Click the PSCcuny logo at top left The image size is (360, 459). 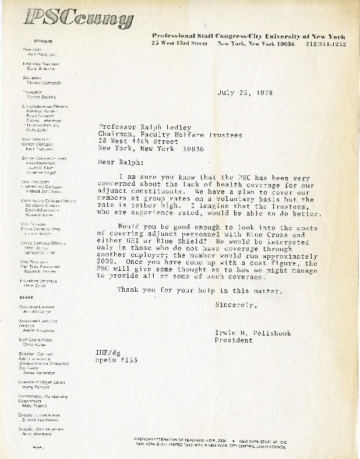[79, 20]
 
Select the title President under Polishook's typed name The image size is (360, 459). [234, 341]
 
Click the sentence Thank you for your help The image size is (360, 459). [201, 291]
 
